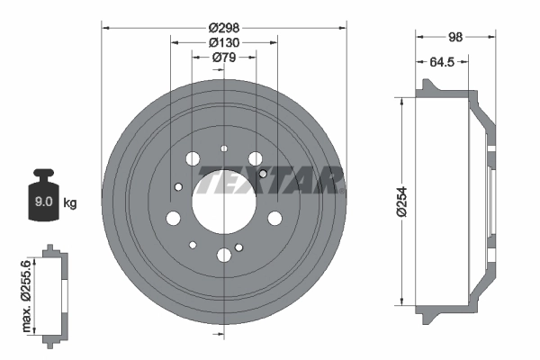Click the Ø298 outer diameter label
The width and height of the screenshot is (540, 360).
pos(223,27)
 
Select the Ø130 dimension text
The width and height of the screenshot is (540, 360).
pos(223,42)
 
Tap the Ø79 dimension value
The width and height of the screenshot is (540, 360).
pos(223,58)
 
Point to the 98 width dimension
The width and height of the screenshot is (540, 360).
pos(455,36)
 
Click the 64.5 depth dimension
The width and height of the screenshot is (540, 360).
pos(442,62)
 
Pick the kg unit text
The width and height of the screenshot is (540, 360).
pos(70,203)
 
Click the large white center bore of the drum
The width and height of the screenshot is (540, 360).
pos(223,195)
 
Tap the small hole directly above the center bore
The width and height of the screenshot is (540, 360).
pos(223,148)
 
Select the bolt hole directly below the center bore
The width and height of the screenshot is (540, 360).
pos(223,256)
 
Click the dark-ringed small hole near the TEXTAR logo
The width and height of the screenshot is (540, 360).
pos(262,173)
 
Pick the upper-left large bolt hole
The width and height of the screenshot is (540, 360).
pos(193,159)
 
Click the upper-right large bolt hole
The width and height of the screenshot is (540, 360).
pos(255,159)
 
